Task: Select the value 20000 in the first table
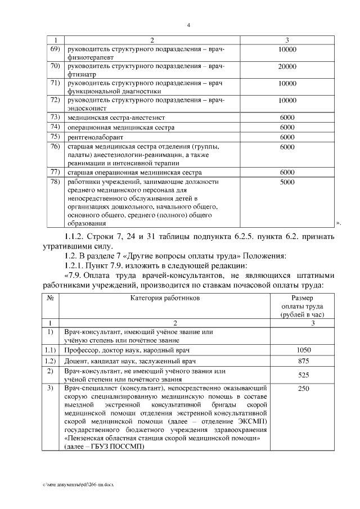pyautogui.click(x=287, y=67)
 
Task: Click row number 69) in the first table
pyautogui.click(x=55, y=49)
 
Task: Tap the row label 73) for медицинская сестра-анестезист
pyautogui.click(x=55, y=117)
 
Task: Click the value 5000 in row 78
pyautogui.click(x=287, y=182)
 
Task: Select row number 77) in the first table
pyautogui.click(x=55, y=172)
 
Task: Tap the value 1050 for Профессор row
pyautogui.click(x=303, y=350)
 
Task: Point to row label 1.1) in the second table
pyautogui.click(x=50, y=350)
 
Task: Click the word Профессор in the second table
pyautogui.click(x=83, y=350)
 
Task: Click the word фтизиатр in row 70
pyautogui.click(x=80, y=73)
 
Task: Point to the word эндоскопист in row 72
pyautogui.click(x=85, y=106)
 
